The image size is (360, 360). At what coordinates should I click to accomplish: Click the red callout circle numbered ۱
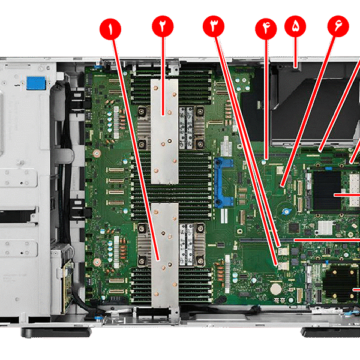pos(109,28)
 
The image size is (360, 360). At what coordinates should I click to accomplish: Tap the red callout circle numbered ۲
pos(162,28)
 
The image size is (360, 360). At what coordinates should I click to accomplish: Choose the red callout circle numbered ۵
pos(295,26)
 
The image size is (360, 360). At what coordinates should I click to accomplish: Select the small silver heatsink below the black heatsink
pos(326,227)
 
